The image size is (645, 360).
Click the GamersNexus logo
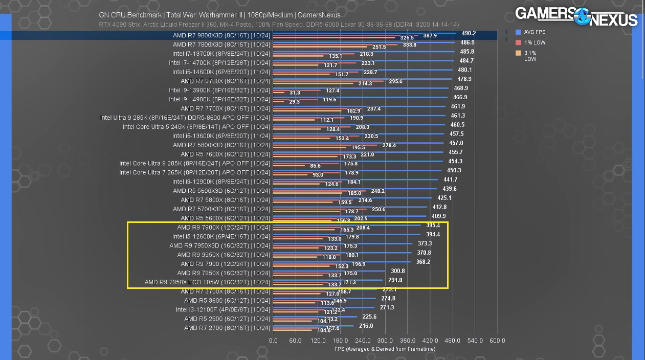coord(576,17)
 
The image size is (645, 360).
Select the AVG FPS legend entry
coord(535,32)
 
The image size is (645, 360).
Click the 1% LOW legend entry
coord(535,42)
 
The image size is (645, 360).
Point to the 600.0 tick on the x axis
coord(497,341)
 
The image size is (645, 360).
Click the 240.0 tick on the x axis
coord(363,341)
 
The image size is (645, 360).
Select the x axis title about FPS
coord(385,349)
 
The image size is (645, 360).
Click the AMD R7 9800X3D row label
coord(221,36)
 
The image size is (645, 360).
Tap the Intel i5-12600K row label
coord(221,237)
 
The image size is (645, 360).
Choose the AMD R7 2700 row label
coord(227,328)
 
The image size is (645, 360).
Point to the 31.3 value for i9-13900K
coord(295,93)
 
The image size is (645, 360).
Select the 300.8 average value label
coord(398,271)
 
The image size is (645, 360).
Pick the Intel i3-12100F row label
coord(223,309)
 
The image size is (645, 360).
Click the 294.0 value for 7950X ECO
coord(395,280)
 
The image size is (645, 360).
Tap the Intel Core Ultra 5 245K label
coord(196,127)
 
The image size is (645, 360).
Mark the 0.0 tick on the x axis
coord(273,341)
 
